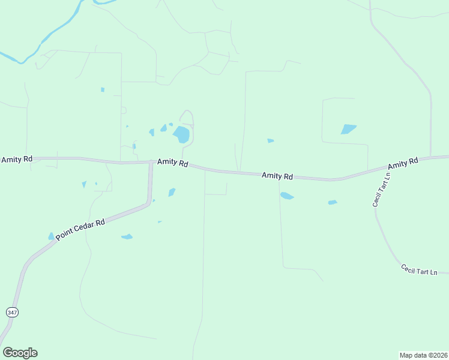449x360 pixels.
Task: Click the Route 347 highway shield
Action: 11,312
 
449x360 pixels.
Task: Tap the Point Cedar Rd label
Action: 80,229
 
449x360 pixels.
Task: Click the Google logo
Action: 20,353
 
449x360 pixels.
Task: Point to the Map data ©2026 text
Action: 423,355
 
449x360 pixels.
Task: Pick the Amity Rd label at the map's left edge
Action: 16,160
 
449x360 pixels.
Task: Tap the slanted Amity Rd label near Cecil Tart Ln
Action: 403,164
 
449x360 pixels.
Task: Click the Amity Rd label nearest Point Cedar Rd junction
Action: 173,163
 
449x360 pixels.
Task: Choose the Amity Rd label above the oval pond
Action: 277,176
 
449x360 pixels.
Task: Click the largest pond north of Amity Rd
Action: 181,134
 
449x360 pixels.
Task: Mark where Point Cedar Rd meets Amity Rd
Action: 151,162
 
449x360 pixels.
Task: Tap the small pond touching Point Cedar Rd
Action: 51,236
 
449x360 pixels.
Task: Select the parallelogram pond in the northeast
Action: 348,129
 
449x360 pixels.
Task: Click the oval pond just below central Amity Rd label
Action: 287,196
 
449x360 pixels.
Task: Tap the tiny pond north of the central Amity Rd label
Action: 270,141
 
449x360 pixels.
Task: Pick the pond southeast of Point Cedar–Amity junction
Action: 172,192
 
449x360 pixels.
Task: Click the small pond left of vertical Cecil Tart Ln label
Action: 333,202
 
